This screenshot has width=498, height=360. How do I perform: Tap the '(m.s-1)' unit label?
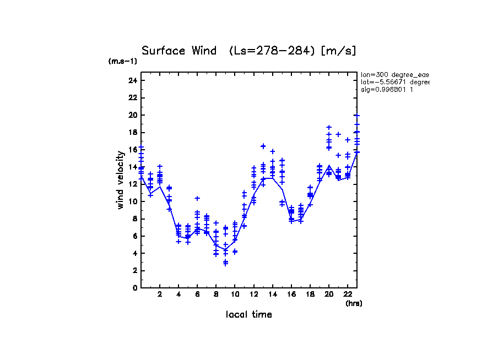123,62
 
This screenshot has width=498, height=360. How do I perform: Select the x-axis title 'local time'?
249,315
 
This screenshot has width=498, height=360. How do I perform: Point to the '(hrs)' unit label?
354,303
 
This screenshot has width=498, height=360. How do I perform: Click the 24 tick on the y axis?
132,81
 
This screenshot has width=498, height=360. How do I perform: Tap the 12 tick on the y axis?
132,184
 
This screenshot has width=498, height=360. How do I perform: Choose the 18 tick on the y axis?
132,133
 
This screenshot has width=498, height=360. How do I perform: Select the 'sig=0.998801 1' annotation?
387,89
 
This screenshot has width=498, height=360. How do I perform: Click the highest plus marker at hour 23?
357,116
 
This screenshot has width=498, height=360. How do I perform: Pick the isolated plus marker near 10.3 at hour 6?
197,198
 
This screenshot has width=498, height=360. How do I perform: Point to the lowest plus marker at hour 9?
225,264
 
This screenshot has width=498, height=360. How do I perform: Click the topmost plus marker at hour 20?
329,127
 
